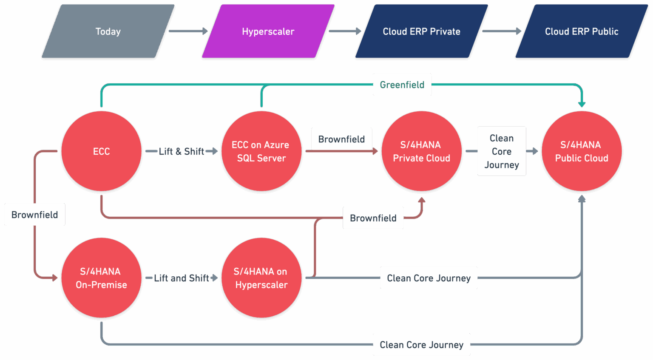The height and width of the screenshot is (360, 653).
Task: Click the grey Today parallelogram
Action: click(108, 31)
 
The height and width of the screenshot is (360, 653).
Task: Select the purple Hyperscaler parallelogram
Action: click(268, 31)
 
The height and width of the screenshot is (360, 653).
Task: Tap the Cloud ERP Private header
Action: click(421, 31)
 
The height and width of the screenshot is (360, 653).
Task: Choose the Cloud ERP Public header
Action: click(582, 31)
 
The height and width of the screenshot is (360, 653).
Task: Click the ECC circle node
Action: click(101, 151)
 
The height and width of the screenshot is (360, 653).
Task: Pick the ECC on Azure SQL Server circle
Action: click(261, 151)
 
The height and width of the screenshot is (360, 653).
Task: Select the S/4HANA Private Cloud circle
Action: click(421, 151)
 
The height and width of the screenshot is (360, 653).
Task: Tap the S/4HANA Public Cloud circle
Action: click(582, 151)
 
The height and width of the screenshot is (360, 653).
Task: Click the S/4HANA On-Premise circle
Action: click(101, 278)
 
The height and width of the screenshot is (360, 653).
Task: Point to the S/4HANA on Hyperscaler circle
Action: click(261, 278)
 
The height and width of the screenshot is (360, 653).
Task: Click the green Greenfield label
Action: click(402, 85)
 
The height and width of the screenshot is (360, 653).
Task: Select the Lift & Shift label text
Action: click(182, 151)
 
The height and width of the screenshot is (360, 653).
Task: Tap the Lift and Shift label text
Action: click(182, 278)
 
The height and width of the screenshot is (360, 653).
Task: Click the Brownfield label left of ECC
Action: click(34, 215)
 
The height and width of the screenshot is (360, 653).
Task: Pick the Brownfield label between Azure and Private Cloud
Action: click(341, 139)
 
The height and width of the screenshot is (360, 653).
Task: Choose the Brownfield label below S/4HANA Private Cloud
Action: click(373, 218)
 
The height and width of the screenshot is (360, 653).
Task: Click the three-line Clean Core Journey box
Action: click(502, 151)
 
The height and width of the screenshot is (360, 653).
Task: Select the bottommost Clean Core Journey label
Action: click(421, 345)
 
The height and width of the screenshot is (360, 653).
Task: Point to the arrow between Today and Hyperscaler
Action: click(187, 31)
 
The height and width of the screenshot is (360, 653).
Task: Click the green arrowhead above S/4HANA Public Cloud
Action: click(582, 104)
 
